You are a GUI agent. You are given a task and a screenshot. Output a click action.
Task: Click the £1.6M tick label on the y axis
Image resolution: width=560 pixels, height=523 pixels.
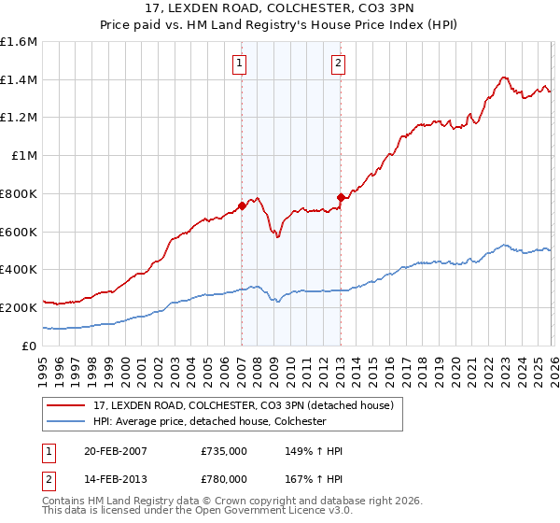coord(19,42)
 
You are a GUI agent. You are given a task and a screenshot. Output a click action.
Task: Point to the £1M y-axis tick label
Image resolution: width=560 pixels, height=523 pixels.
coord(22,156)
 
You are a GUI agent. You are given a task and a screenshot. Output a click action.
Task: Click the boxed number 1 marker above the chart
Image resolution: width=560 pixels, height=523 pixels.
coord(241,64)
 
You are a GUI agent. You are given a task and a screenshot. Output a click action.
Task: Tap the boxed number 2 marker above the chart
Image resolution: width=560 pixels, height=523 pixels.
coord(337,64)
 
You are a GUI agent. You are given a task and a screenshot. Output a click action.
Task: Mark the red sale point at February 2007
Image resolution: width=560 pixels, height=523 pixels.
coord(242,205)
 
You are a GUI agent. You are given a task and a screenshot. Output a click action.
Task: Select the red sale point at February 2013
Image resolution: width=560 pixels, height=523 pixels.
coord(341,197)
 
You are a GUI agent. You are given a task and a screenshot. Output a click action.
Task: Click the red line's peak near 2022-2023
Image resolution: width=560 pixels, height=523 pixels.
coord(503,78)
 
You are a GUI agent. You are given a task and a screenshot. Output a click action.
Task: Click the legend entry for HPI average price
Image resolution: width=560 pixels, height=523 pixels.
coord(209,421)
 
